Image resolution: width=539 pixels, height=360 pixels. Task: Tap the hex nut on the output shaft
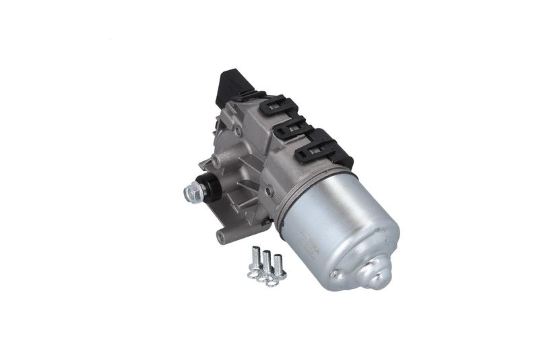pyautogui.click(x=190, y=193)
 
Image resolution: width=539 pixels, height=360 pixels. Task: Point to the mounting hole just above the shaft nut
pyautogui.click(x=214, y=161)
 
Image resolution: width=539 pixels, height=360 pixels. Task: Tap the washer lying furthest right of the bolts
pyautogui.click(x=272, y=281)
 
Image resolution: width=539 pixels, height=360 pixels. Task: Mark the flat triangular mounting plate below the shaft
pyautogui.click(x=236, y=206)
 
